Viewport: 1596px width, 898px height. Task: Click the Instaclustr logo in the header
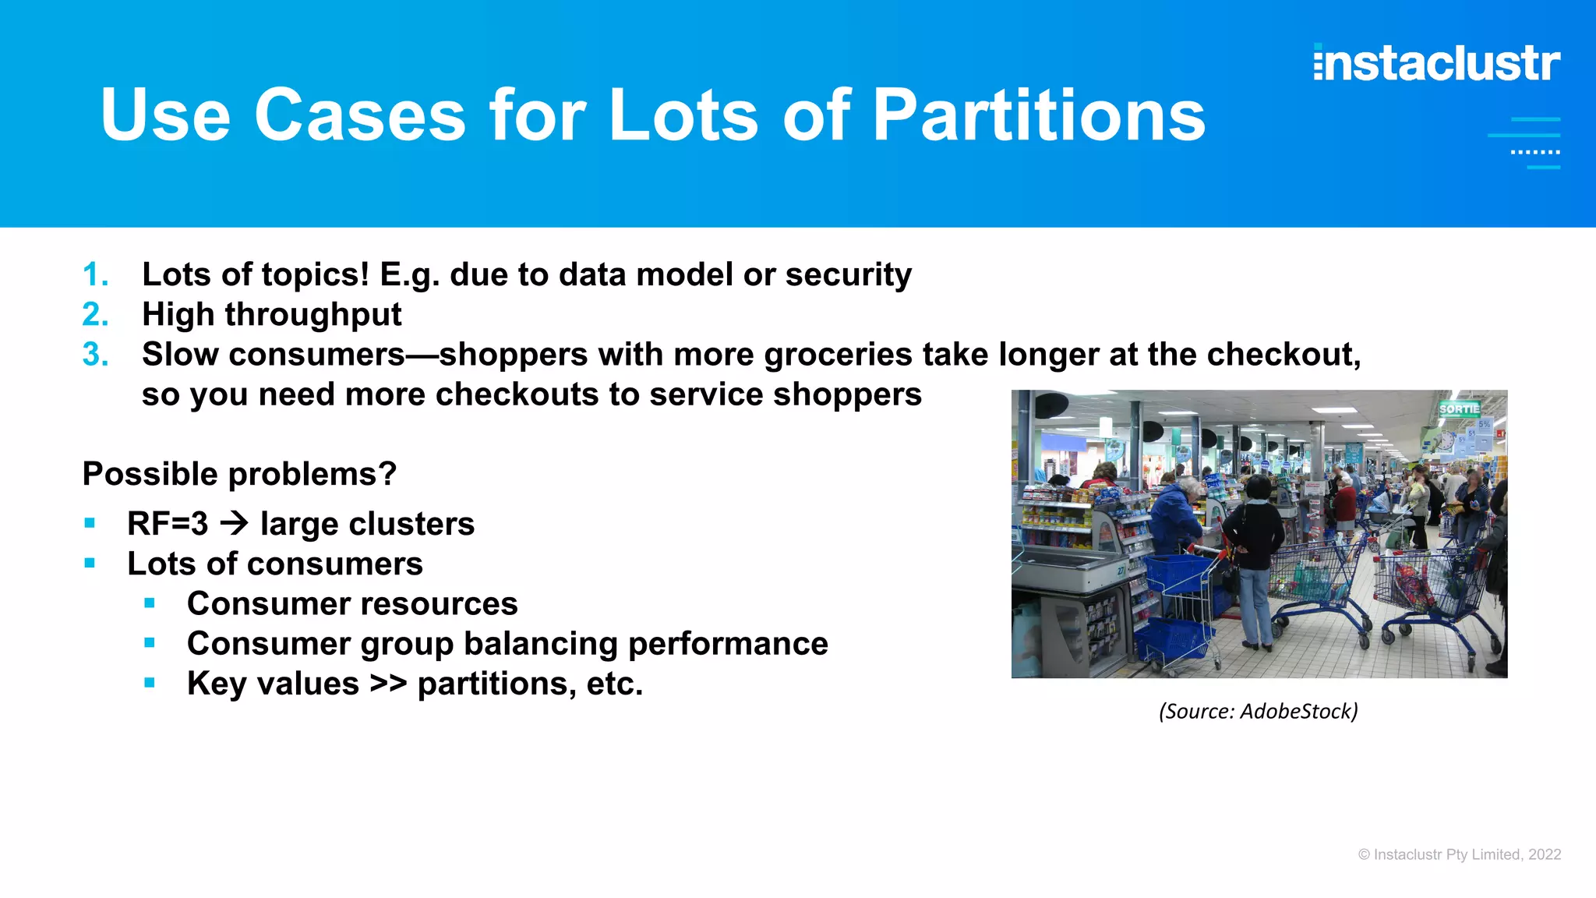coord(1436,63)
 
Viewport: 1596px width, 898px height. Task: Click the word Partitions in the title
coord(1039,115)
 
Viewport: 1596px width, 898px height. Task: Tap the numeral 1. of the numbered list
coord(95,274)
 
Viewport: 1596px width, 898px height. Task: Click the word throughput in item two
coord(312,315)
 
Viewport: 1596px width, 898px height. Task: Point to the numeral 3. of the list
coord(95,355)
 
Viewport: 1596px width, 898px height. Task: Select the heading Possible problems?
coord(239,474)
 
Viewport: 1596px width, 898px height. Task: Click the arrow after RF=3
coord(234,523)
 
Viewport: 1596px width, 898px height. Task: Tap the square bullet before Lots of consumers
coord(90,563)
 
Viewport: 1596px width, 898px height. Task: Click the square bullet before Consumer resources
coord(150,603)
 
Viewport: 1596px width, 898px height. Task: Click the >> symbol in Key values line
coord(387,684)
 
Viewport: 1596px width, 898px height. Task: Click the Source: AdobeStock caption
coord(1258,711)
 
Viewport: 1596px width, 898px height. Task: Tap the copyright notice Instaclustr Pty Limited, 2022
coord(1459,854)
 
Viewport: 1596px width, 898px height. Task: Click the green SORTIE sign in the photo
coord(1458,408)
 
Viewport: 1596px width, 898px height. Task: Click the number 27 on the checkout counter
coord(1122,571)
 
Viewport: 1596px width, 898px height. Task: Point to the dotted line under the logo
coord(1534,152)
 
